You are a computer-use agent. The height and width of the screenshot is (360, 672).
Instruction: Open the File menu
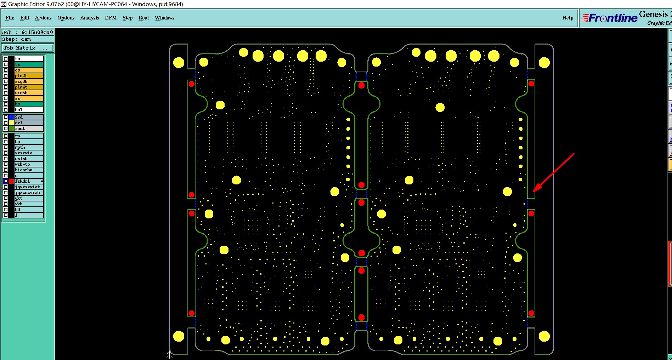point(10,18)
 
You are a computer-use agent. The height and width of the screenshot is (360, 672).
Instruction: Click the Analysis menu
point(90,18)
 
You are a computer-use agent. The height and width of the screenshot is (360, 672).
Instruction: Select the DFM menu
point(111,18)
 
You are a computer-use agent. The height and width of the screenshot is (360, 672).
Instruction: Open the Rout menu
point(144,18)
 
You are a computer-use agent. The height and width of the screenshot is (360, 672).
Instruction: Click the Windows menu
point(164,18)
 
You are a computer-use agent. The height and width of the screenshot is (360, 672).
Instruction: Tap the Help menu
point(567,18)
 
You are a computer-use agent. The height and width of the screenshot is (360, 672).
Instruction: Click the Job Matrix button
point(28,48)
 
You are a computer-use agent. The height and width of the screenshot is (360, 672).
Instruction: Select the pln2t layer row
point(29,76)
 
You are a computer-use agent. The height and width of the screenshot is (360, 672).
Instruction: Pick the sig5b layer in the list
point(29,93)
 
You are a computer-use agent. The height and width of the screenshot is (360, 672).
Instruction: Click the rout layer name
point(29,128)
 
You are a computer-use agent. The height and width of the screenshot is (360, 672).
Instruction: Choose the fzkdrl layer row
point(28,181)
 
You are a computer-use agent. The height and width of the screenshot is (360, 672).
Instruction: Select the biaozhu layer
point(29,170)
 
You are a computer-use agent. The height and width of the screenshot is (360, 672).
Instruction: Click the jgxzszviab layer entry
point(29,193)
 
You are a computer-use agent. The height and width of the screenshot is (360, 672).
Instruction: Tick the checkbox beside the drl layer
point(6,123)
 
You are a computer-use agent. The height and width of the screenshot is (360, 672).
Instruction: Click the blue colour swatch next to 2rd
point(11,117)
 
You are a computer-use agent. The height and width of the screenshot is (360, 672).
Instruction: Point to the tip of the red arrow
point(534,191)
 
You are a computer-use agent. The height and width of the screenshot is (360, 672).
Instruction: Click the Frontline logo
point(609,18)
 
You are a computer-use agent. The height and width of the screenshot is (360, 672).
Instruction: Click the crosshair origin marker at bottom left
point(169,355)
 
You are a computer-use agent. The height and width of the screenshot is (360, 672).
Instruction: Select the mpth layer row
point(29,147)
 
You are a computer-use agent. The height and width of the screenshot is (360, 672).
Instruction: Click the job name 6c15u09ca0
point(37,32)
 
